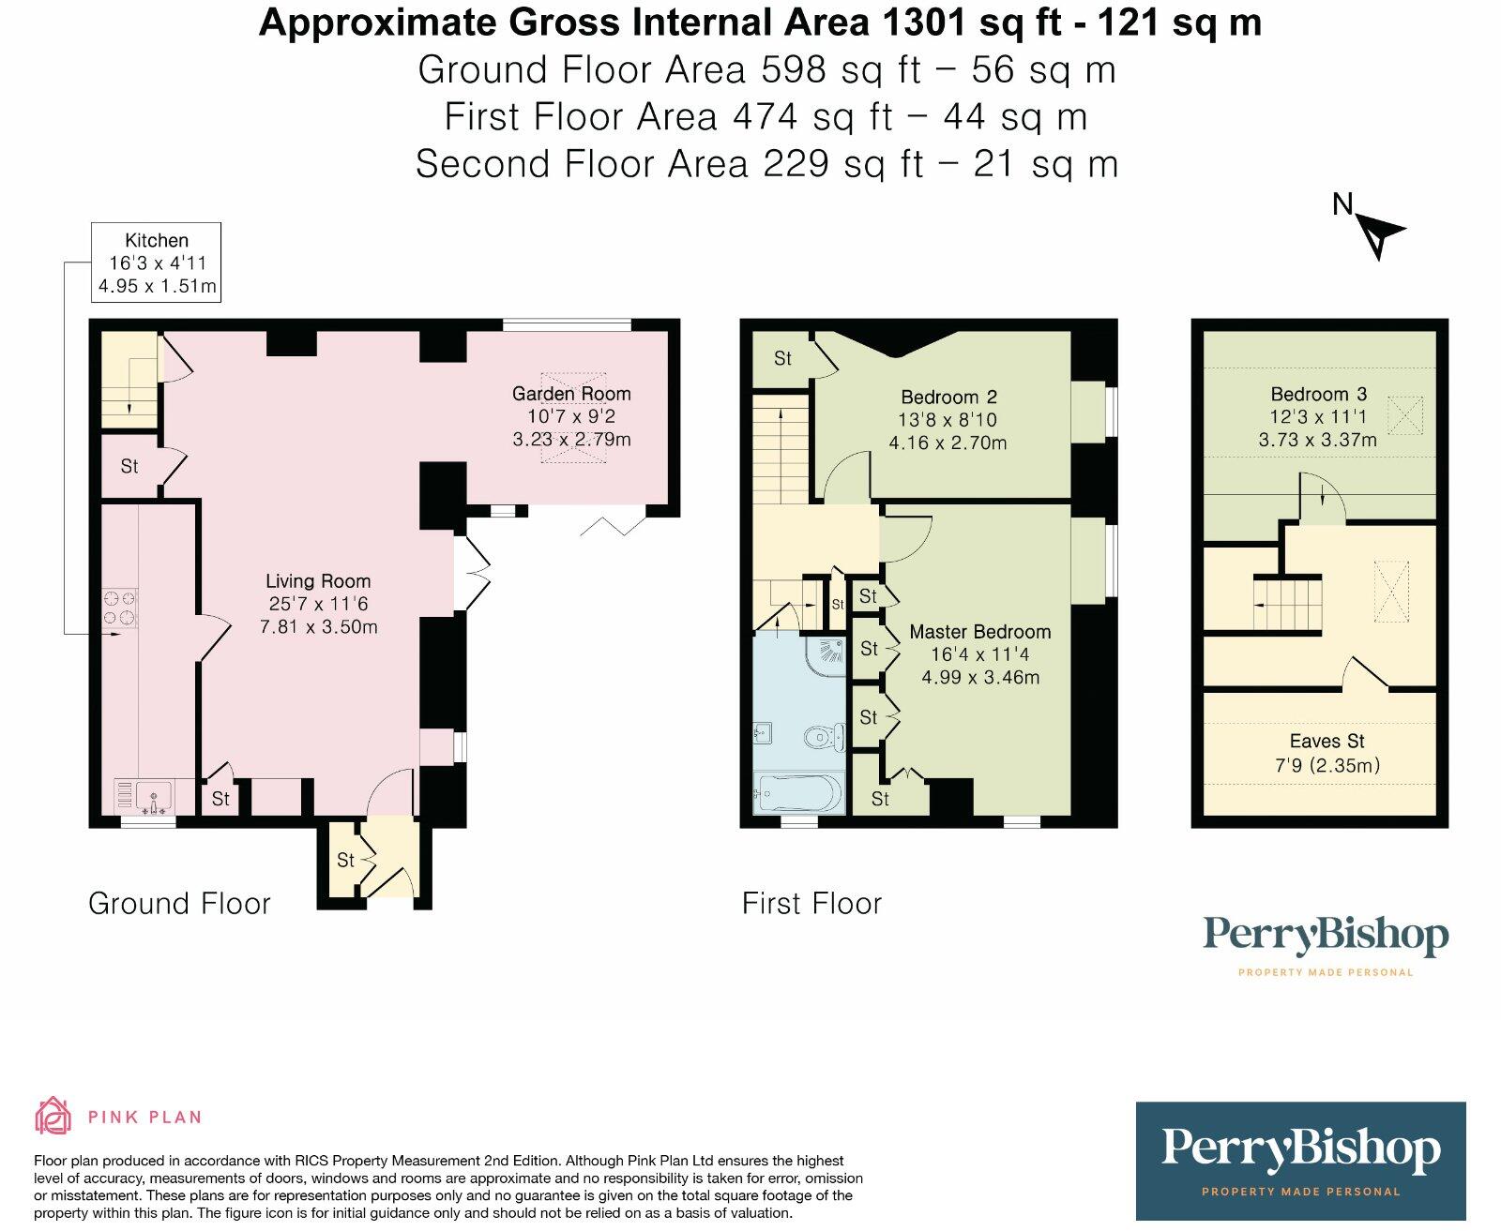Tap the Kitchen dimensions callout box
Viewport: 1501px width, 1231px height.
pos(156,263)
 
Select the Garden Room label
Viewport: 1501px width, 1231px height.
pos(571,393)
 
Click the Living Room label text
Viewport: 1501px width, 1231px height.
pos(318,581)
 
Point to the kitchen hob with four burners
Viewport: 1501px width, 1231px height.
pos(119,608)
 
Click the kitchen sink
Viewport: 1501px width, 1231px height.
pos(153,797)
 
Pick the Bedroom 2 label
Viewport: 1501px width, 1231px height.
pos(948,397)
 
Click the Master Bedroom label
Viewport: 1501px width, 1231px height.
pos(980,632)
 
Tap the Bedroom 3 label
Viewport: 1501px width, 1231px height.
pos(1319,394)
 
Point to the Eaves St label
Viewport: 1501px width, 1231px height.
pos(1327,741)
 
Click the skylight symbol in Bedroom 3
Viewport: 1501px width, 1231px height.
pos(1405,416)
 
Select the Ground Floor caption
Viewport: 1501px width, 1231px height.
pos(179,904)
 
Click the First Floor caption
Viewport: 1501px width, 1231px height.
pos(812,904)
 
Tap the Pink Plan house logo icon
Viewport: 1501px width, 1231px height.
pos(53,1115)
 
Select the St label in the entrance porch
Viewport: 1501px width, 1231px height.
pos(345,861)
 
